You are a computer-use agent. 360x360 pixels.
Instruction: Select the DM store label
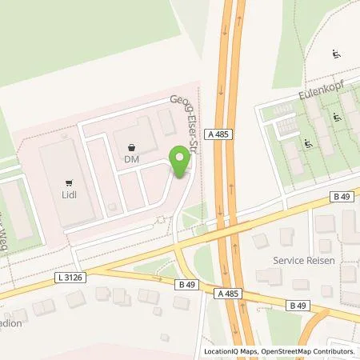click(132, 159)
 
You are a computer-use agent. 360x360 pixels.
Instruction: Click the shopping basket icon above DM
click(132, 147)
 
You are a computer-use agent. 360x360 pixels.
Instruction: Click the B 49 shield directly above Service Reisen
click(342, 197)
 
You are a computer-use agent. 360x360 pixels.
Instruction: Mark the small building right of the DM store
click(167, 122)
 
